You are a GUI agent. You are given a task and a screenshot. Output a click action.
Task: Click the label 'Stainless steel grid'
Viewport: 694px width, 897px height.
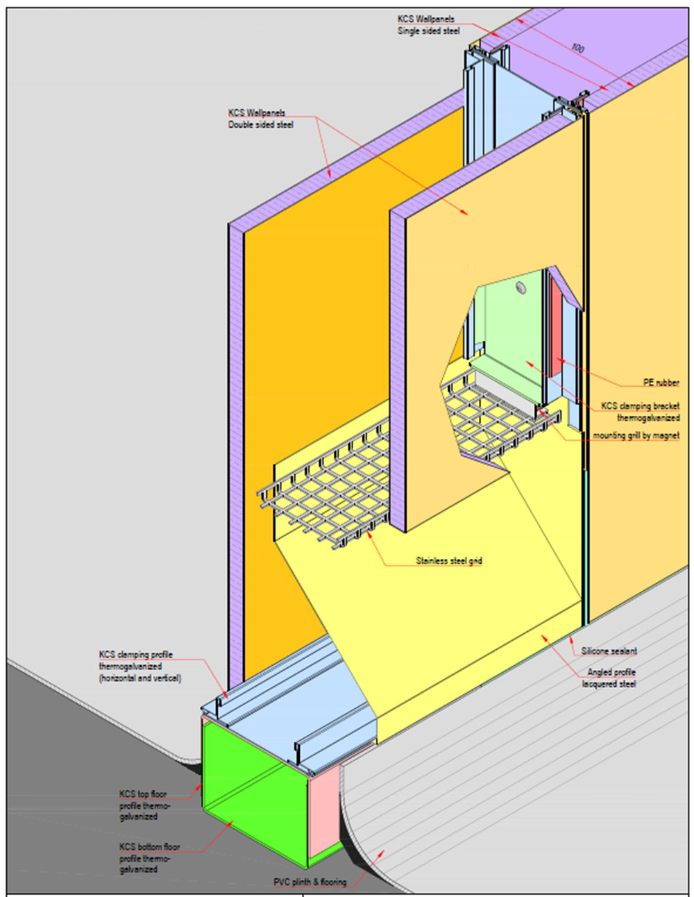[x=448, y=560]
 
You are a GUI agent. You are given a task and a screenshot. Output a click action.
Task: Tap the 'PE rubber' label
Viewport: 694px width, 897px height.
[x=661, y=383]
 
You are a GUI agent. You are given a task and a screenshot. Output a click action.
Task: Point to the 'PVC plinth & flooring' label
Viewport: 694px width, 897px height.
[x=310, y=882]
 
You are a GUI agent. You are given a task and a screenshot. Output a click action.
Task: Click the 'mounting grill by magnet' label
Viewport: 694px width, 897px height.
[x=636, y=435]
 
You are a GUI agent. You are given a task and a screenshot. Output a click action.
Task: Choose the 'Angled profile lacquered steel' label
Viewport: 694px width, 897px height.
[x=611, y=678]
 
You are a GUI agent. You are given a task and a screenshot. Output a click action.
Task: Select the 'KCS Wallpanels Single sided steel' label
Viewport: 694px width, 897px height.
[x=428, y=25]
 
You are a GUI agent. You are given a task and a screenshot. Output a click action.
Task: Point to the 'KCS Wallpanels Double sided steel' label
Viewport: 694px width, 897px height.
[x=260, y=119]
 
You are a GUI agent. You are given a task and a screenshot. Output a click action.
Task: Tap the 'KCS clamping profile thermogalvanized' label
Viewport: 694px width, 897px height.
[x=139, y=666]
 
